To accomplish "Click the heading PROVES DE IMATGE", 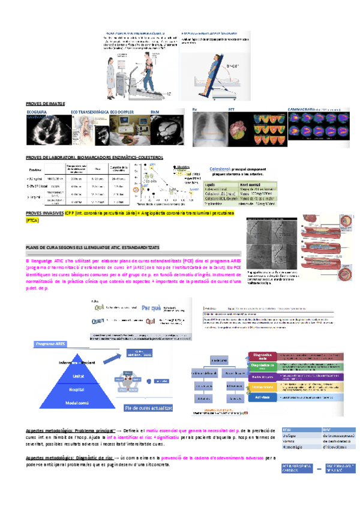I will [46, 104].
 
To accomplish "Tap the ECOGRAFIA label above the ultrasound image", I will [37, 112].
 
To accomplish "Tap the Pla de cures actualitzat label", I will [148, 408].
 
